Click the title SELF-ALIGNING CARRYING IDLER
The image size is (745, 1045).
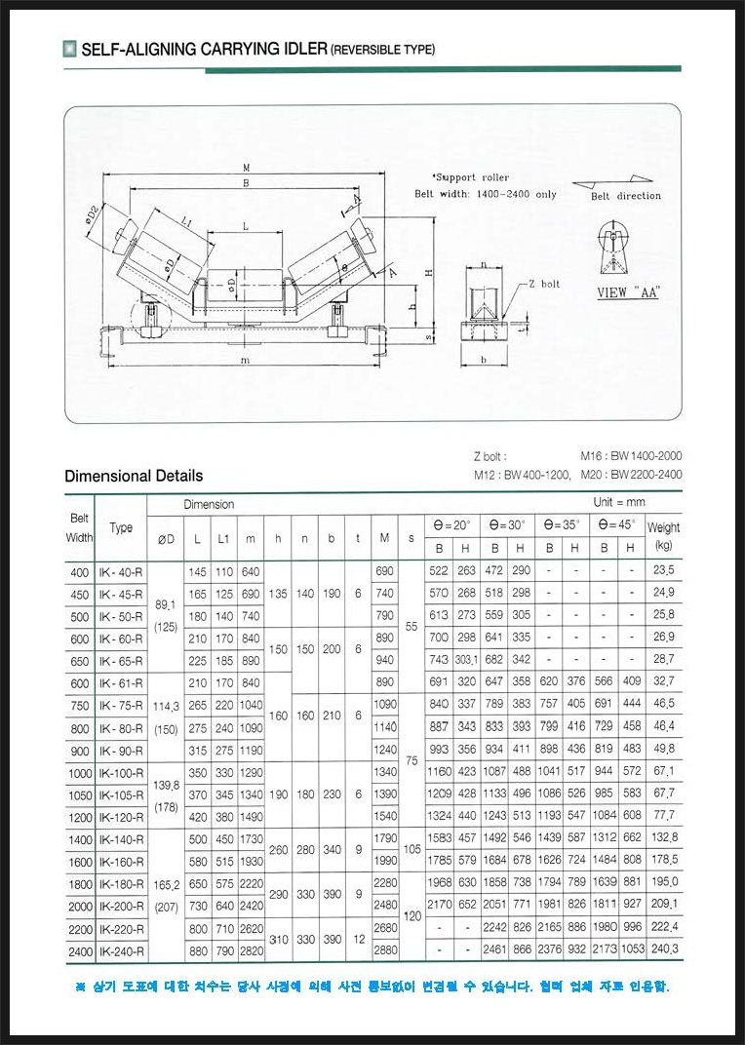pyautogui.click(x=205, y=49)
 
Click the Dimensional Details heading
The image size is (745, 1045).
pyautogui.click(x=134, y=476)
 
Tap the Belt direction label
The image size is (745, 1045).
pyautogui.click(x=625, y=196)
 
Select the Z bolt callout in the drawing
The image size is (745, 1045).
pyautogui.click(x=543, y=284)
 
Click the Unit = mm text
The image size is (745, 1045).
pyautogui.click(x=619, y=503)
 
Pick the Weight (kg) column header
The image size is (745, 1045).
pyautogui.click(x=664, y=535)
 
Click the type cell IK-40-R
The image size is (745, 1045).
pyautogui.click(x=121, y=572)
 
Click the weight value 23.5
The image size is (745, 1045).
pyautogui.click(x=664, y=572)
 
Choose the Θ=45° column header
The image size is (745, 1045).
pyautogui.click(x=617, y=524)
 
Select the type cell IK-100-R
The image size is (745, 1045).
pyautogui.click(x=121, y=773)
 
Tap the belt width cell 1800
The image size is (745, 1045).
pyautogui.click(x=79, y=884)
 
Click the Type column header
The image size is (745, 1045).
pyautogui.click(x=121, y=528)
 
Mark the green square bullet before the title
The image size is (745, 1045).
pyautogui.click(x=69, y=49)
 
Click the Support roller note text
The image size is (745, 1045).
pyautogui.click(x=471, y=177)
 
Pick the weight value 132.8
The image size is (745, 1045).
pyautogui.click(x=664, y=838)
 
